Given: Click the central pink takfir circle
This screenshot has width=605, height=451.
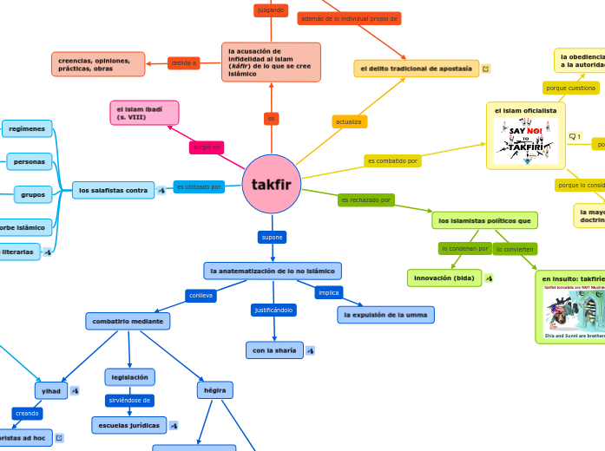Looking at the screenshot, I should click(272, 184).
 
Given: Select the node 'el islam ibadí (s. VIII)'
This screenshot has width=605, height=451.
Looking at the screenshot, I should click(144, 112).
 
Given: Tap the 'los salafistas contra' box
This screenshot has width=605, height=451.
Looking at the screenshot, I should click(113, 190).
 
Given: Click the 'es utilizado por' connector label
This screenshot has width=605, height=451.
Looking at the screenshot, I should click(199, 186).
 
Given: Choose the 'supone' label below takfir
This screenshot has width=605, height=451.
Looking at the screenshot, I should click(272, 237).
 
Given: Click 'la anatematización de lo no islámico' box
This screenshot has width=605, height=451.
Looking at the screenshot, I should click(273, 271).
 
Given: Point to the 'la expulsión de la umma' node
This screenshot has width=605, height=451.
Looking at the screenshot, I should click(385, 315).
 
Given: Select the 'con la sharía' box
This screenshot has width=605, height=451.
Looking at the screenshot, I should click(274, 350).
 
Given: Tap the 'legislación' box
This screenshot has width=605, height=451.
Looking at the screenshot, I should click(130, 376).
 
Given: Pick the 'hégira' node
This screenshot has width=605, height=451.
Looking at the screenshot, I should click(214, 390).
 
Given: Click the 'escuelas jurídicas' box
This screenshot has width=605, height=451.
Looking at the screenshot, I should click(129, 425).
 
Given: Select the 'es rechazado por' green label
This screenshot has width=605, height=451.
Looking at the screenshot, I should click(366, 200).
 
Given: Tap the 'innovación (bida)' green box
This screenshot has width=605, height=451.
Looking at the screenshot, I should click(444, 278).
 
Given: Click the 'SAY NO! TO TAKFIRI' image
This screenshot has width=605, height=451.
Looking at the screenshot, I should click(525, 140).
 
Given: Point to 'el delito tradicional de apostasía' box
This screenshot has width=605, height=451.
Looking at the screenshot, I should click(417, 68).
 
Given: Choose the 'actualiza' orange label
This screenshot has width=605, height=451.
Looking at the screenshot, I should click(349, 121).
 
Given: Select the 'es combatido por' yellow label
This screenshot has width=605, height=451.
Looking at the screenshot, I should click(393, 160).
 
